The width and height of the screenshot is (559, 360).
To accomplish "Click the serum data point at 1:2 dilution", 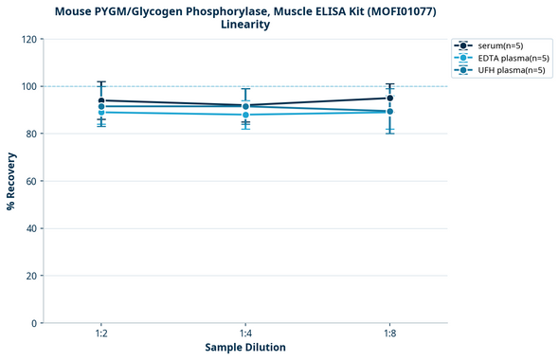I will pos(101,100).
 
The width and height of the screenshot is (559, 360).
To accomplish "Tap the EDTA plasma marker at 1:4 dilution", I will pos(245,115).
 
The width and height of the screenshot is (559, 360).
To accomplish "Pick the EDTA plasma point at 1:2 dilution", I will pos(101,113).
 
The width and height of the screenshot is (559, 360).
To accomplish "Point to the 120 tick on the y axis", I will pos(28,40).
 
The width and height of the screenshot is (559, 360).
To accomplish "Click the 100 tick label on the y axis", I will pos(28,87).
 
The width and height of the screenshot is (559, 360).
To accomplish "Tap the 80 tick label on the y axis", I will pos(31,135).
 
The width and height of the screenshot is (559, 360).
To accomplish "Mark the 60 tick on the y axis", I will pos(31,182).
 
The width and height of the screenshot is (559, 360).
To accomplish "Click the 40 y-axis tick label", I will pos(31,229).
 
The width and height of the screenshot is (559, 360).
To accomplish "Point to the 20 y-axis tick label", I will pos(31,277).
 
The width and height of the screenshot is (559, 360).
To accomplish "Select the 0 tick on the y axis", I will pos(34,324).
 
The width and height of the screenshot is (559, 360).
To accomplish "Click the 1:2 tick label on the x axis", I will pos(101,334).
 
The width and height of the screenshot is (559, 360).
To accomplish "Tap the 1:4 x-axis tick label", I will pos(245,334).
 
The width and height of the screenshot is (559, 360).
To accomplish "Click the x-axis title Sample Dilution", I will pos(245,348).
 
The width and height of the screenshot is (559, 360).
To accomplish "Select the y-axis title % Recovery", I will pos(11,181).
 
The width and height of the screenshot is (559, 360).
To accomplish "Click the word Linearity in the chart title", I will pos(245,25).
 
